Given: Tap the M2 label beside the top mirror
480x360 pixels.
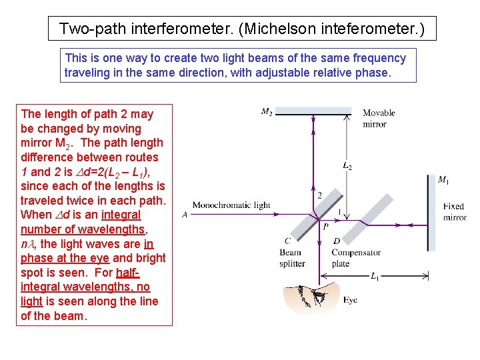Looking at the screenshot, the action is [267, 111].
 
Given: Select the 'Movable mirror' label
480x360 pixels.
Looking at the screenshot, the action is [379, 118].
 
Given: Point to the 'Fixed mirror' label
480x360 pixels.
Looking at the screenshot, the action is [455, 212].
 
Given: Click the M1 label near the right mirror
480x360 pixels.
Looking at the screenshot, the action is [443, 179].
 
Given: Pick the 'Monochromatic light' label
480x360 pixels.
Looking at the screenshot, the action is [231, 205].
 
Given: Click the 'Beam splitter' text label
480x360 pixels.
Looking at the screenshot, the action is [291, 258].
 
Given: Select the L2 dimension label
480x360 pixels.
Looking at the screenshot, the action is [347, 165].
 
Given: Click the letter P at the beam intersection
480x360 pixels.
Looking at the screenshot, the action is [325, 227].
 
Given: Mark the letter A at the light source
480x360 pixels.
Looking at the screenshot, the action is [184, 215].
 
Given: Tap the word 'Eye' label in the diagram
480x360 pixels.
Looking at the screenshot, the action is [350, 300].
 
